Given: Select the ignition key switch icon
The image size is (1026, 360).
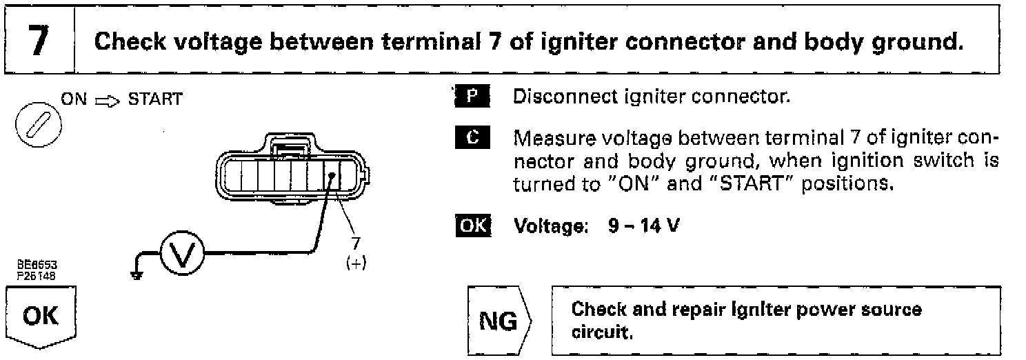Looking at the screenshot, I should coord(32,129).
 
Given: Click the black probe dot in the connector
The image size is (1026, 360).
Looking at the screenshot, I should coord(332,176).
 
